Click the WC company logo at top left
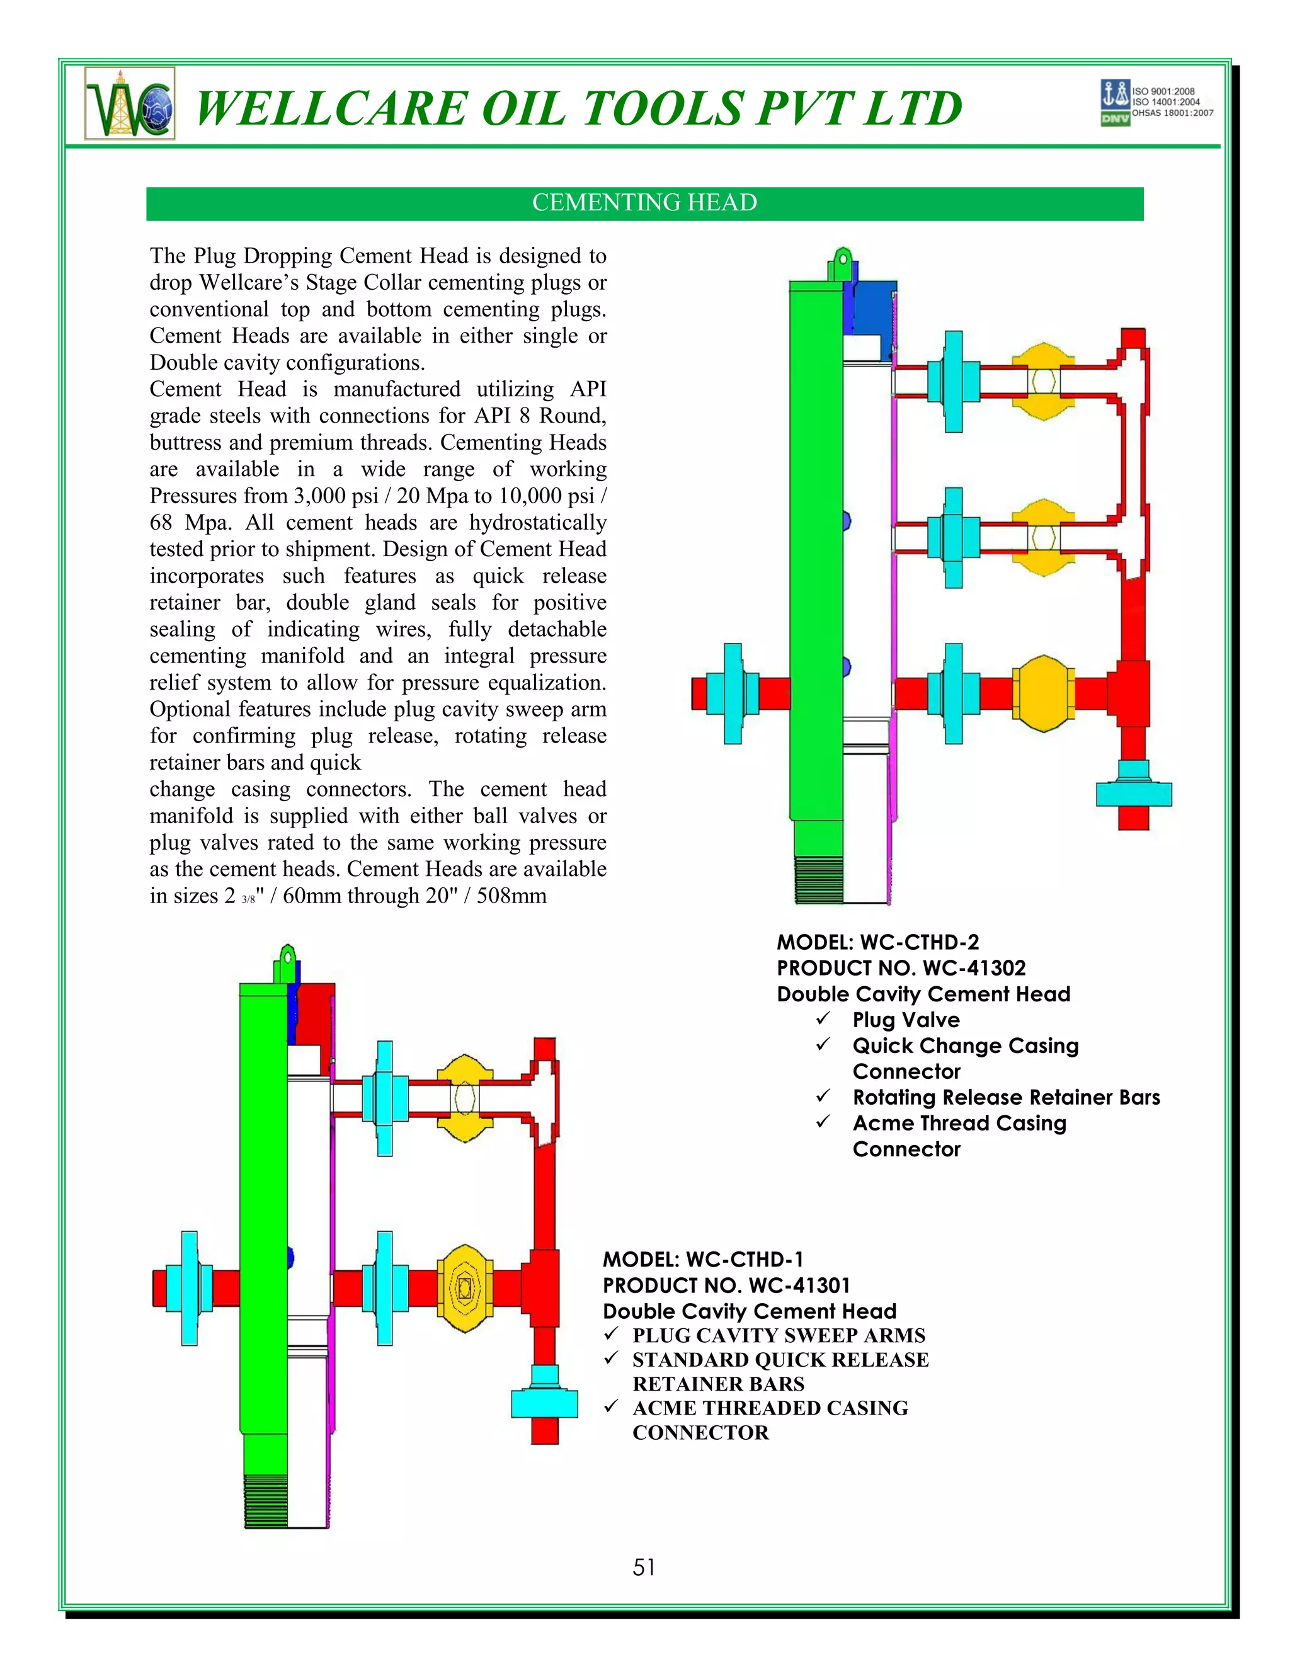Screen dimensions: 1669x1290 (130, 103)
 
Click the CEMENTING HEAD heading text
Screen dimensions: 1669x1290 (644, 203)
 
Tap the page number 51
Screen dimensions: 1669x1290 (644, 1568)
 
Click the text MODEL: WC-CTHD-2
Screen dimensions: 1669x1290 (877, 942)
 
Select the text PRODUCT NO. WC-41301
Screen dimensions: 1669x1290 (726, 1285)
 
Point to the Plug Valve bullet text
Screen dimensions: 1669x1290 (906, 1020)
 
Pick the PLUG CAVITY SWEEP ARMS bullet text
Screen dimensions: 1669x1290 (778, 1336)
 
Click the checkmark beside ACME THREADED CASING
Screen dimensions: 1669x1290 (610, 1406)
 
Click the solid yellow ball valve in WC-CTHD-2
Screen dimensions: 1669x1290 (1043, 693)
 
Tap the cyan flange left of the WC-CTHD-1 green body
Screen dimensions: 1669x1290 (190, 1288)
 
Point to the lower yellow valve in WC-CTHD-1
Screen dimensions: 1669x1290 (465, 1289)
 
